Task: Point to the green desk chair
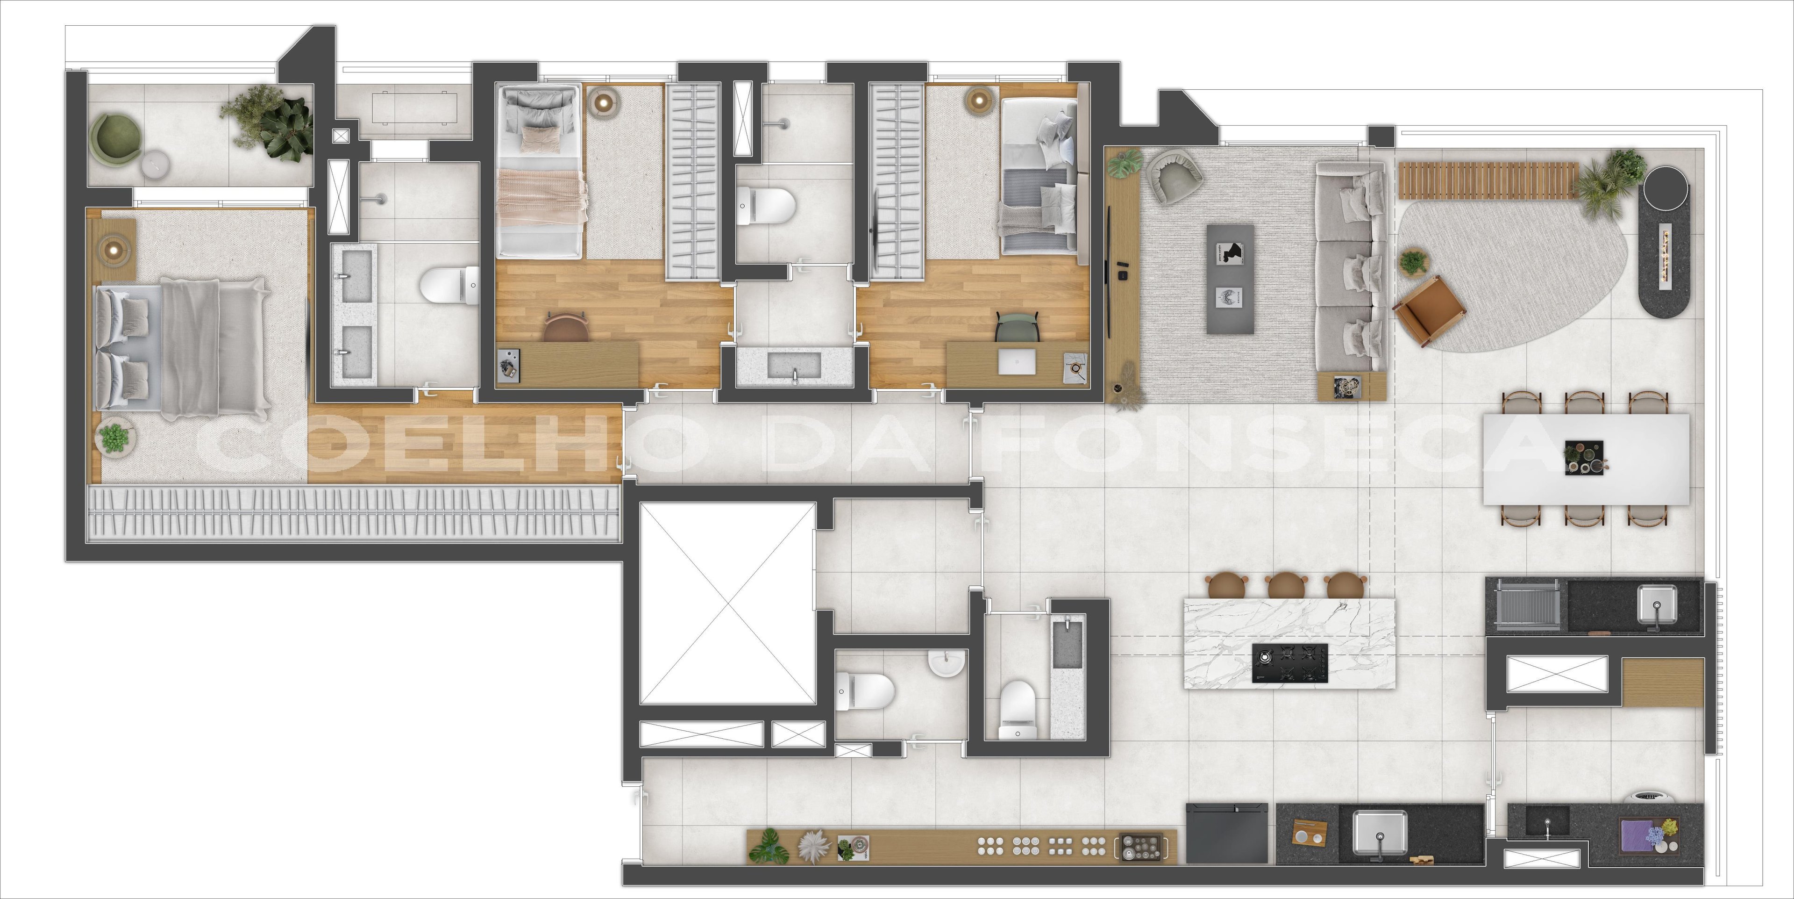tap(1018, 326)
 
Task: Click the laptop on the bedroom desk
tap(1017, 361)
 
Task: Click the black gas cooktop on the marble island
tap(1290, 663)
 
